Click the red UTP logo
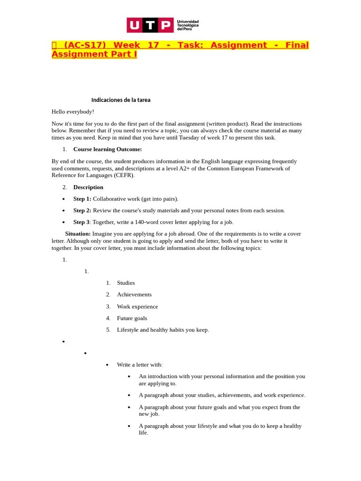[x=150, y=25]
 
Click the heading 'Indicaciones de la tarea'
[x=121, y=100]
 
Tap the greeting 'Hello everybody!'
[x=73, y=112]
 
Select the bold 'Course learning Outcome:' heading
[x=107, y=149]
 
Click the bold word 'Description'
[x=88, y=187]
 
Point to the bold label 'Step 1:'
[x=82, y=199]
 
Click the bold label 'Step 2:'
[x=82, y=210]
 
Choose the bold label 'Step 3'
[x=81, y=222]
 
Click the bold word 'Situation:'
[x=78, y=234]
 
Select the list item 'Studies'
[x=126, y=283]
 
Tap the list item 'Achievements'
[x=134, y=295]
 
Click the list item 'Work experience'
[x=137, y=307]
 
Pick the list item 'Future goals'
[x=132, y=318]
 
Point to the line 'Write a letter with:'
[x=140, y=365]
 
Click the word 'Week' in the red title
[x=127, y=45]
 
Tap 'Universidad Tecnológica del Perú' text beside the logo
[x=188, y=25]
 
